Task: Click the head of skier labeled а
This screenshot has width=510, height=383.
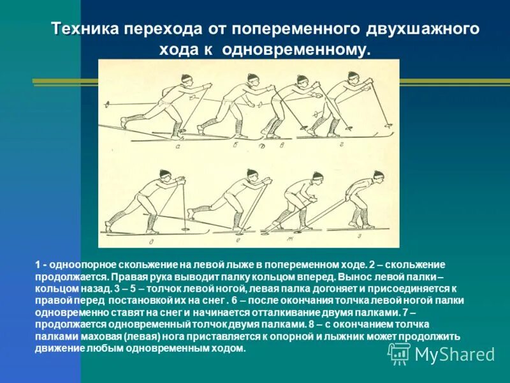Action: tap(186, 80)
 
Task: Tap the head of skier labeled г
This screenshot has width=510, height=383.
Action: tap(352, 78)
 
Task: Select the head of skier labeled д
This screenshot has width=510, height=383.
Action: tap(165, 174)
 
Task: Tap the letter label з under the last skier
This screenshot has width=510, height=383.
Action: tap(358, 236)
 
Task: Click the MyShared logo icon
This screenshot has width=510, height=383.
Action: tap(399, 353)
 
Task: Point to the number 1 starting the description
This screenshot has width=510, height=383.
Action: tap(38, 264)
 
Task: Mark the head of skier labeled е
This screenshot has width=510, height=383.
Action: tap(249, 174)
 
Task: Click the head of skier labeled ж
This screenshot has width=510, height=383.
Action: tap(317, 176)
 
